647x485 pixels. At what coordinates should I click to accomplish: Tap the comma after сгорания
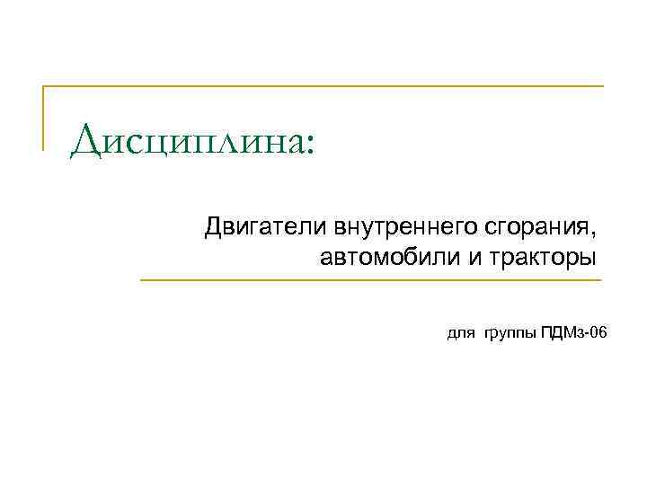[x=592, y=231]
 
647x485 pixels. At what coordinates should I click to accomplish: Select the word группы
[x=511, y=335]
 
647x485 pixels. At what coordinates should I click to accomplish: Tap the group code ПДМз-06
[x=574, y=333]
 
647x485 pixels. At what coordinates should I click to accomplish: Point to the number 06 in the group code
[x=598, y=333]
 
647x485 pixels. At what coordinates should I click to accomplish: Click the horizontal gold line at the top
[x=323, y=86]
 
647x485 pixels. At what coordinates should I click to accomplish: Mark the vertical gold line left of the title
[x=43, y=117]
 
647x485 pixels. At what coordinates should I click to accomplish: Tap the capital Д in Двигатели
[x=213, y=224]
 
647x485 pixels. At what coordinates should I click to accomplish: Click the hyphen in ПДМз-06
[x=585, y=335]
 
